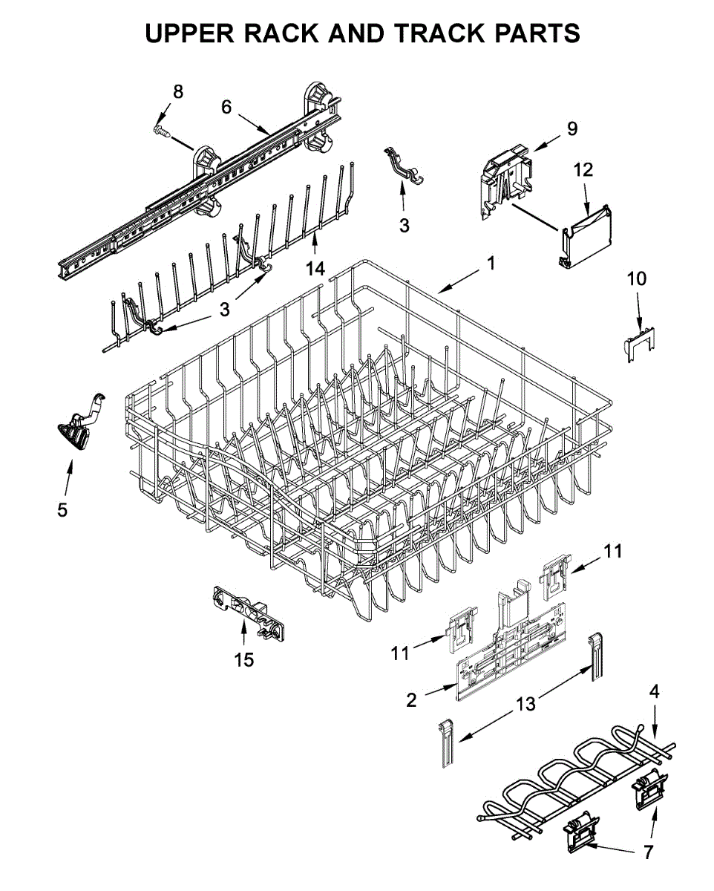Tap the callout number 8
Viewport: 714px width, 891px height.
pyautogui.click(x=178, y=91)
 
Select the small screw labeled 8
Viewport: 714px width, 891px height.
pyautogui.click(x=162, y=131)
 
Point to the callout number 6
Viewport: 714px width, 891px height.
pyautogui.click(x=226, y=106)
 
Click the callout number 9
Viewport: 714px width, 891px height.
pyautogui.click(x=571, y=128)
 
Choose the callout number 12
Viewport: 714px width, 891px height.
pyautogui.click(x=583, y=169)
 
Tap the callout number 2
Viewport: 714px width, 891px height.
pyautogui.click(x=412, y=699)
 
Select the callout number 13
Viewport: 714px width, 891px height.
pyautogui.click(x=525, y=704)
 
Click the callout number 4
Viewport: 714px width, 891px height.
pyautogui.click(x=653, y=692)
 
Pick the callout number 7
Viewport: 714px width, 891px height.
pyautogui.click(x=648, y=852)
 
